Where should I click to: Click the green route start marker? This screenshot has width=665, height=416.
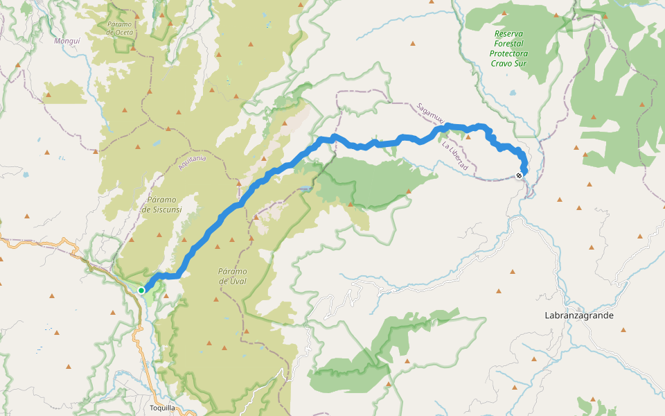pos(141,290)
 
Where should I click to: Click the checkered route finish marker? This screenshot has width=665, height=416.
pos(520,175)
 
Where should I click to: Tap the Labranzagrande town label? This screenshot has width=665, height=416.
pos(579,315)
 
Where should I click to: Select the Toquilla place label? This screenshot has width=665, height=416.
pos(163,408)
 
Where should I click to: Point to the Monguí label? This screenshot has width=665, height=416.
pos(66,41)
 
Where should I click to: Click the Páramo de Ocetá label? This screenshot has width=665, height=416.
pos(119,28)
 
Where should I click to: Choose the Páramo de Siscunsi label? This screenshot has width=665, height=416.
pos(161,205)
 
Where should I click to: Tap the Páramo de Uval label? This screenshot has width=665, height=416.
pos(233,276)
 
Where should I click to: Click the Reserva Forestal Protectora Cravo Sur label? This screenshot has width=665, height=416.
pos(508,49)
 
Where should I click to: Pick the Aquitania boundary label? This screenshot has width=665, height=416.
pos(192,163)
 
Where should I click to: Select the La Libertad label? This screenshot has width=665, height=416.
pos(454,157)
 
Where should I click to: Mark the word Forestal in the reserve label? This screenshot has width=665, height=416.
pos(508,43)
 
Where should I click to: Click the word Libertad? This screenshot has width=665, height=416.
pos(459,161)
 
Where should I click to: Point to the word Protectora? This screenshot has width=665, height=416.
pos(508,53)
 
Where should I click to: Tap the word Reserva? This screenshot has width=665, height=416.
pos(508,33)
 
